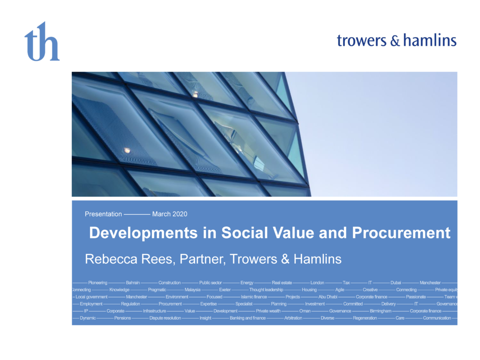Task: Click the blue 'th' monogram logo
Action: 42,41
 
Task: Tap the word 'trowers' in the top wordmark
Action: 362,41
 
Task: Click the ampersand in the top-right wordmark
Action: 395,41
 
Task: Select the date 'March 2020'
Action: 170,214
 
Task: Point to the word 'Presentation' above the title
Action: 103,214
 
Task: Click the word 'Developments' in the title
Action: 143,233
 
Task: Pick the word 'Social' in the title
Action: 245,233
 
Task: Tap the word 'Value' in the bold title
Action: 293,233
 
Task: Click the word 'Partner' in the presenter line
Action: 203,259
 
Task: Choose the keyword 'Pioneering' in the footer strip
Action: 98,283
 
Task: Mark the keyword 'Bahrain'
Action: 133,283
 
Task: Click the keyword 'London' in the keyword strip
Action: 317,283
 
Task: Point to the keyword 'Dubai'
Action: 396,283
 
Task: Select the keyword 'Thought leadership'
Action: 266,290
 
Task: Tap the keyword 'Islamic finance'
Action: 254,297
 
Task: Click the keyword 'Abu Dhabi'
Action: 328,297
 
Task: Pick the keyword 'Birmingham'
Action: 381,311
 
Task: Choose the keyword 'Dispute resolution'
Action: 165,318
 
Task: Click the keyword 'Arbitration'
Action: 293,318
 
